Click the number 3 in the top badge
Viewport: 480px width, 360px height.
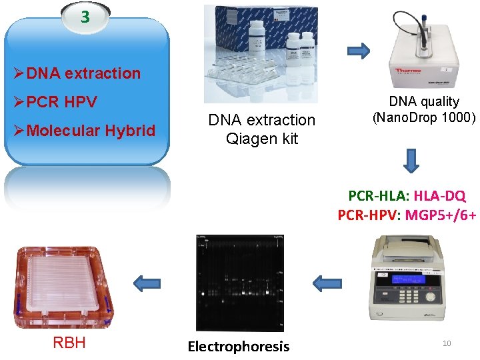click(x=85, y=17)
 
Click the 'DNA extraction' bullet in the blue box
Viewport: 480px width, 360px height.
click(x=83, y=73)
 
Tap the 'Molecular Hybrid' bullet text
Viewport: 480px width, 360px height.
click(x=91, y=131)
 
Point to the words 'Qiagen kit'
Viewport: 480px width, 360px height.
click(x=262, y=139)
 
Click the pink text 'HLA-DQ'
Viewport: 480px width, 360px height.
click(x=440, y=196)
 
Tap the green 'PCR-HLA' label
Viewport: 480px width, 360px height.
click(x=378, y=196)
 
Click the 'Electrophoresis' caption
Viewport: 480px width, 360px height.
click(x=239, y=346)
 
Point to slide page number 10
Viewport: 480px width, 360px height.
click(x=447, y=343)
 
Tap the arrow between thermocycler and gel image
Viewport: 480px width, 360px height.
click(x=327, y=283)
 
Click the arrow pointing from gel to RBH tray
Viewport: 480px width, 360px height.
click(x=147, y=283)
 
